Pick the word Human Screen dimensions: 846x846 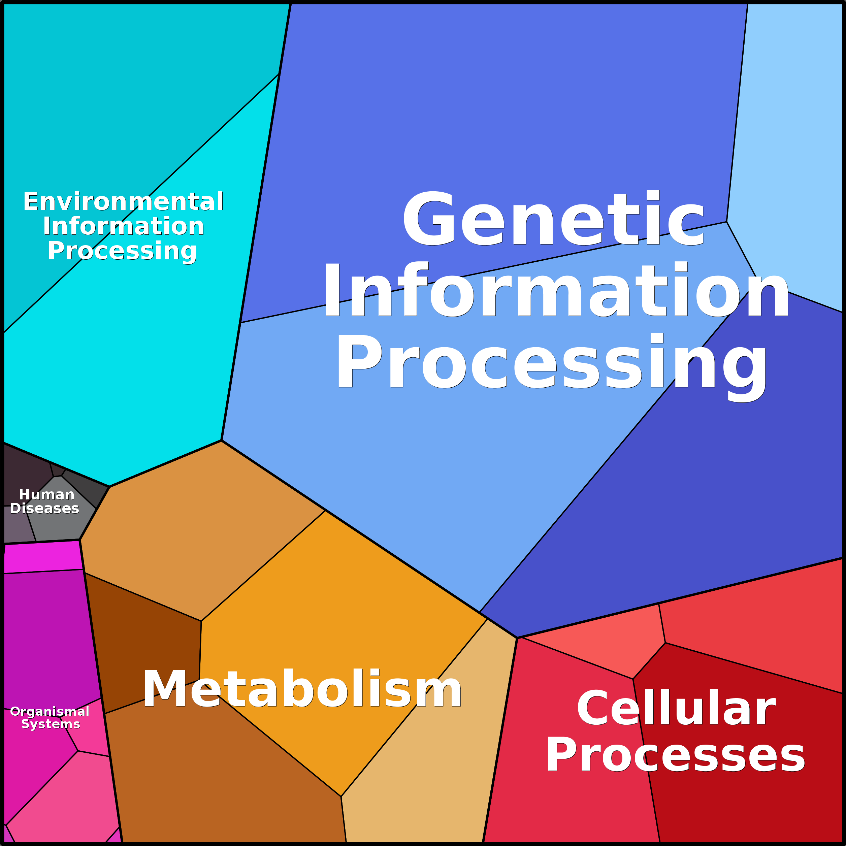tap(46, 494)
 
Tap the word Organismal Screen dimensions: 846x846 tap(50, 711)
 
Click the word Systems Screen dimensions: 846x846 tap(51, 723)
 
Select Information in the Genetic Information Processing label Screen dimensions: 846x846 tap(555, 290)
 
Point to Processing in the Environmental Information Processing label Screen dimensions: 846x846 tap(122, 251)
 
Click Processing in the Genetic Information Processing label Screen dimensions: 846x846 tap(552, 362)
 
